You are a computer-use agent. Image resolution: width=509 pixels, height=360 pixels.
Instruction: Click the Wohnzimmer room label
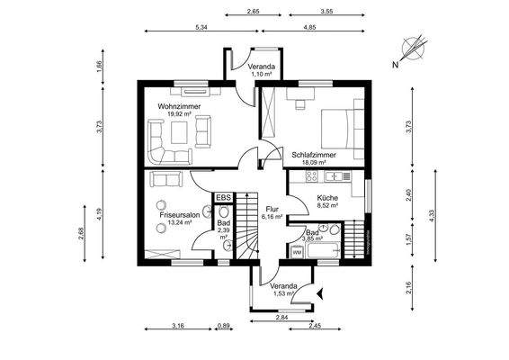coord(179,106)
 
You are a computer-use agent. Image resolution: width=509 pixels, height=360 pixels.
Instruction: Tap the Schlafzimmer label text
coord(315,155)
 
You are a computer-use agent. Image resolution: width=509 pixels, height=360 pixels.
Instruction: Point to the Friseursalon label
coord(180,216)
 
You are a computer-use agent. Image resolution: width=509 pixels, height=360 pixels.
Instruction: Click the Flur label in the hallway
coord(272,208)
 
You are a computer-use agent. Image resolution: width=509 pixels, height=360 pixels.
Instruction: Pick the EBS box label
coord(223,197)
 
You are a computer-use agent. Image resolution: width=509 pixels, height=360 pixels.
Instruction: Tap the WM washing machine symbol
coord(297,252)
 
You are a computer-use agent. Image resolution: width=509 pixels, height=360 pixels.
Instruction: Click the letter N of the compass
coord(394,65)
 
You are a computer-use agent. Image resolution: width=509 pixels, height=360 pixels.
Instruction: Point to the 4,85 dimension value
coord(308,29)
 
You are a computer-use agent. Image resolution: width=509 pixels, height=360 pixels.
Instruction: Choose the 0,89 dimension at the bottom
coord(224,325)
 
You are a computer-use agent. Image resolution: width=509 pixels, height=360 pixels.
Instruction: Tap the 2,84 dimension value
coord(281,318)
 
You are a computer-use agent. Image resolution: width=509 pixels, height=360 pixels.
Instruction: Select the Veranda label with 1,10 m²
coord(262,68)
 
